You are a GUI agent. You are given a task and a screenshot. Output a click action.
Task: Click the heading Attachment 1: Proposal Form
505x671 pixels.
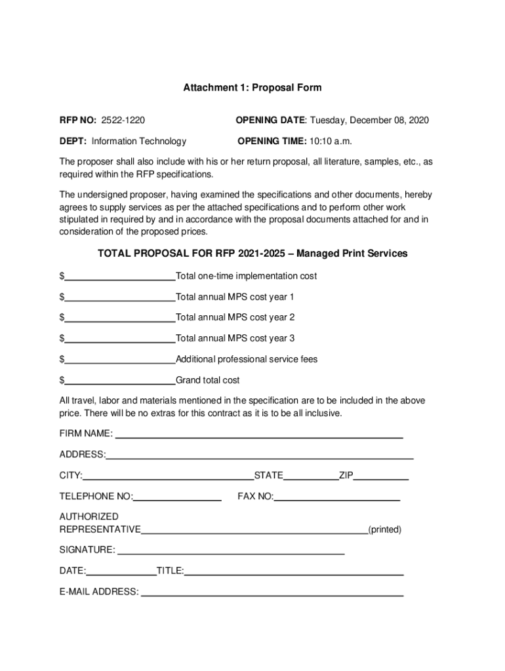253,87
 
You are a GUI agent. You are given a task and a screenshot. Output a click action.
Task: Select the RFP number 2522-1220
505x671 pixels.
123,120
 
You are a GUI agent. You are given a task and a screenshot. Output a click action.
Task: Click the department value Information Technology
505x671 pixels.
138,141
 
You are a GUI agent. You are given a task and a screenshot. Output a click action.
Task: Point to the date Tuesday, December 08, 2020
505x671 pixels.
369,120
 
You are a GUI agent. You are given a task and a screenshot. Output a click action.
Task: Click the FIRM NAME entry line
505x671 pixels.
259,435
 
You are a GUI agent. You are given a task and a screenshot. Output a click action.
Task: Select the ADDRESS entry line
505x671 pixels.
260,456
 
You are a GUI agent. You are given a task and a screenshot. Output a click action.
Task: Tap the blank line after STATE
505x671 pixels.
311,477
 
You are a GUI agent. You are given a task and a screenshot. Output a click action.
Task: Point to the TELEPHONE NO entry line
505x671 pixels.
177,498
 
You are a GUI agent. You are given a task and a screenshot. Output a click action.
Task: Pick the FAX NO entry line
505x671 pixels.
336,498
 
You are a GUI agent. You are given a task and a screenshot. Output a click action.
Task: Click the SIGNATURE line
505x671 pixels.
230,552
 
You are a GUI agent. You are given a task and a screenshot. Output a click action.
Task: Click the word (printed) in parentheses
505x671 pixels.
385,529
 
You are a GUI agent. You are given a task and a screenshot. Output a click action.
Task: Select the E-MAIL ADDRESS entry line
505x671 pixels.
272,594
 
